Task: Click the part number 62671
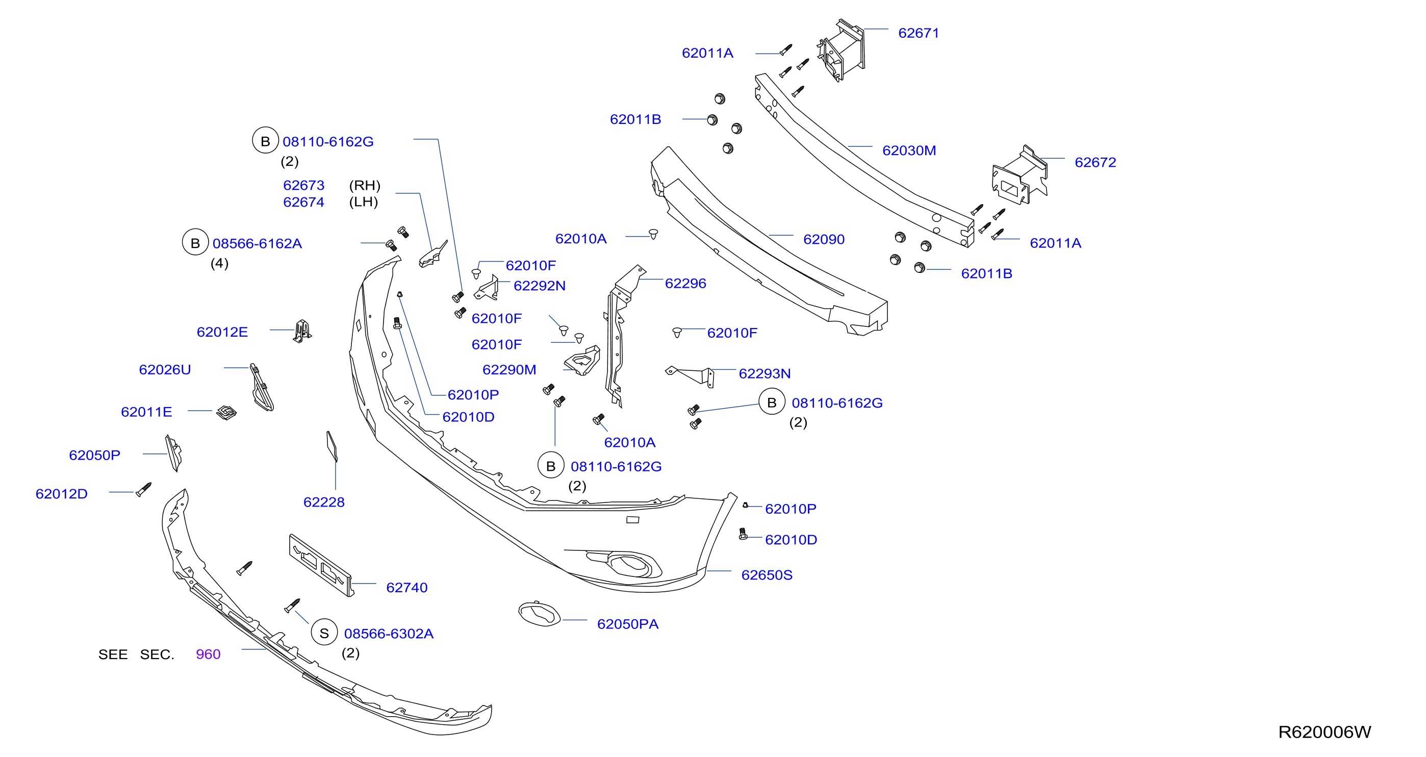coord(919,33)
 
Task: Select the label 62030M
coord(909,150)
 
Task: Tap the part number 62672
coord(1095,162)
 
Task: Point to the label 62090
coord(824,239)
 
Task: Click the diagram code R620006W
coord(1324,732)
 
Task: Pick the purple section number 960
coord(208,654)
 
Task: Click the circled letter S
coord(324,633)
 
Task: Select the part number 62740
coord(407,588)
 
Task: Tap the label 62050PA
coord(628,624)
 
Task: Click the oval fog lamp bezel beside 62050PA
coord(539,614)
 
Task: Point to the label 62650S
coord(767,575)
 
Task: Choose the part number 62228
coord(324,502)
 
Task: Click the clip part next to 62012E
coord(302,331)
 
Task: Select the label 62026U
coord(165,369)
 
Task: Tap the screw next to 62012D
coord(144,489)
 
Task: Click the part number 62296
coord(685,284)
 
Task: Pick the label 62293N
coord(765,373)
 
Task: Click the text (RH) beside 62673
coord(365,185)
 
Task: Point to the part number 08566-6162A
coord(257,243)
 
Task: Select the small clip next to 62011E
coord(226,412)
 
